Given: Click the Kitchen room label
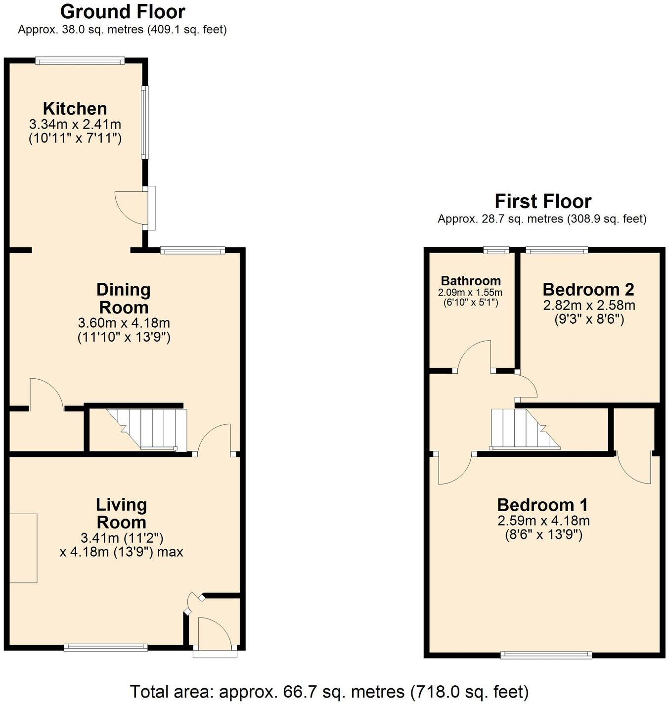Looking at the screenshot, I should point(75,108).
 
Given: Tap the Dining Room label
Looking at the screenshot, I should point(124,298).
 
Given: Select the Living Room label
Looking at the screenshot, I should point(121,513).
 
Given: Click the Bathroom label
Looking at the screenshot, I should point(471,281).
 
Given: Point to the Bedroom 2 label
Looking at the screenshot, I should point(588,289).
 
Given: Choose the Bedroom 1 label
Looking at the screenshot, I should point(543,505).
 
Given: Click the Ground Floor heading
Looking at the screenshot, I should point(123,11).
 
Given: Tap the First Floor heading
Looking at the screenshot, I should point(543,201).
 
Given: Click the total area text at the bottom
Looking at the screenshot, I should point(329,691).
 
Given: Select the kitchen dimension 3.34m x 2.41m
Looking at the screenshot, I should point(75,124).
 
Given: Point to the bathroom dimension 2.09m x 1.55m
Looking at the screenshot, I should point(470,292).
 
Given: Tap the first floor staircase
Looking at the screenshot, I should point(524,429).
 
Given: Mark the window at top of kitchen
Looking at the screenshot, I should point(80,61).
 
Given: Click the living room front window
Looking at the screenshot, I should point(106,647).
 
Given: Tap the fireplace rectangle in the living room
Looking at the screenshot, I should point(23,548).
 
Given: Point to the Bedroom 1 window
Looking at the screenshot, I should point(546,655).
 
